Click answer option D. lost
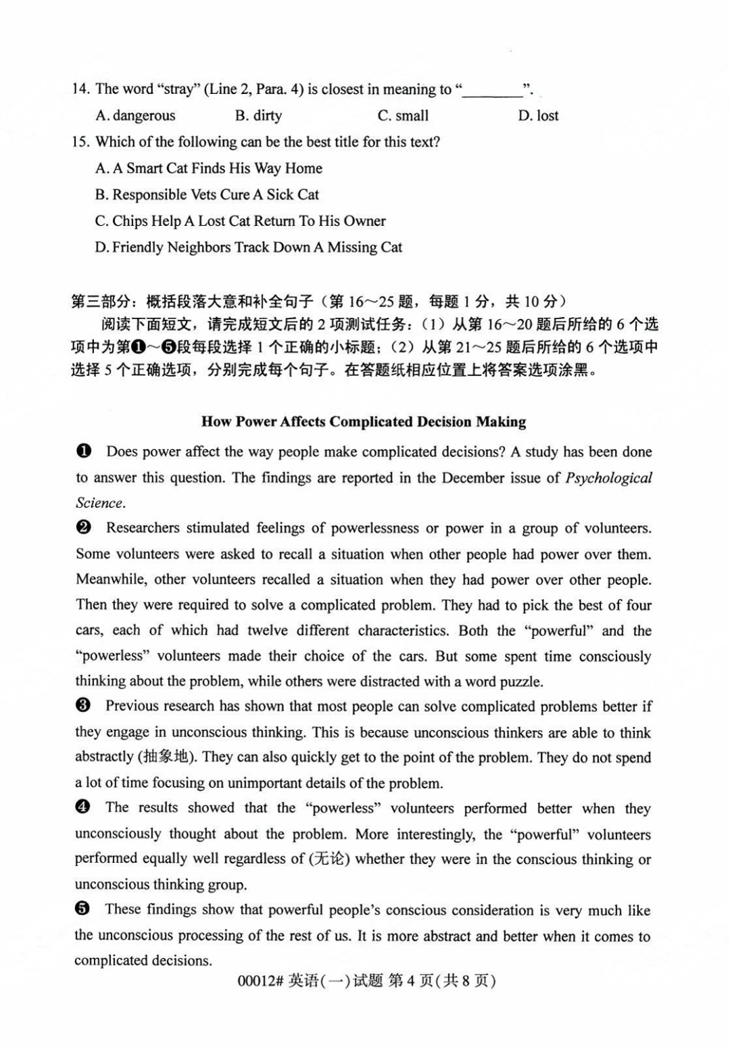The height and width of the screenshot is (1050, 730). click(538, 116)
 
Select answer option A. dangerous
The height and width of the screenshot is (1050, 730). click(135, 116)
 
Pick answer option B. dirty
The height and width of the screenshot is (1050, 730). click(258, 116)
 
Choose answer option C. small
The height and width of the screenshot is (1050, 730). click(403, 116)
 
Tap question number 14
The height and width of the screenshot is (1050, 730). click(80, 89)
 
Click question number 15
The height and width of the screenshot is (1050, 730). click(80, 142)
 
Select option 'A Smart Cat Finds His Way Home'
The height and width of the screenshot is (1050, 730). click(209, 168)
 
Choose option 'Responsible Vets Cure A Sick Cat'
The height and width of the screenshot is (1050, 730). click(207, 195)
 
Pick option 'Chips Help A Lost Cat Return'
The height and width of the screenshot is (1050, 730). click(240, 221)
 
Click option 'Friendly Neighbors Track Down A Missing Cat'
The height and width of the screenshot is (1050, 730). click(248, 247)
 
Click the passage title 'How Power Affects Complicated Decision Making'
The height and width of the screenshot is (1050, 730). click(364, 422)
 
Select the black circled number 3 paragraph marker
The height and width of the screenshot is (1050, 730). click(84, 706)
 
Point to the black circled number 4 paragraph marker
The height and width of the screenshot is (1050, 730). click(84, 807)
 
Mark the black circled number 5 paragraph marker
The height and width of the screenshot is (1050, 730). click(84, 909)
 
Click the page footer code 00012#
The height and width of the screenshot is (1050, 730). click(260, 981)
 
